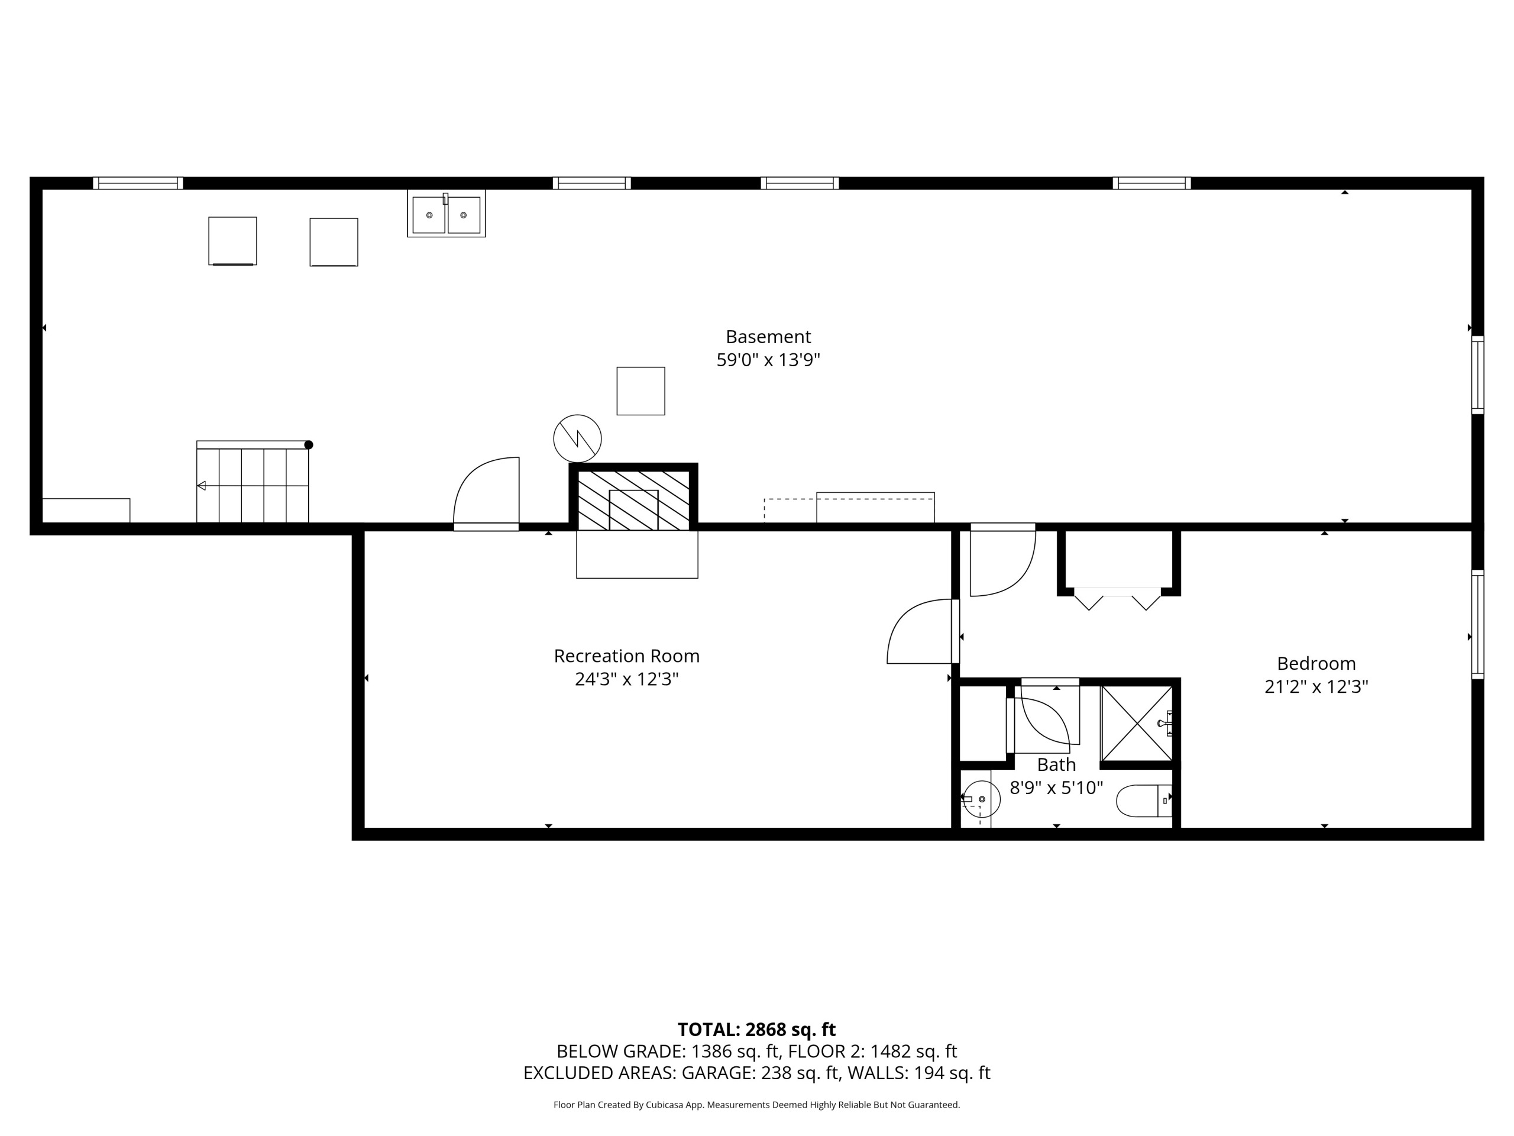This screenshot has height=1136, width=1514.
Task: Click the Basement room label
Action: [768, 337]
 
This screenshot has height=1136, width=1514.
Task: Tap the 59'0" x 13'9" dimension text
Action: [768, 360]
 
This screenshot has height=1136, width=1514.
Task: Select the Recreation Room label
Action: [626, 656]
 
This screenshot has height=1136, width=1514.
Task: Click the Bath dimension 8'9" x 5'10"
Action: [1056, 788]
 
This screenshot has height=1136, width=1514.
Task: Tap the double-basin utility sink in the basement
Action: [447, 214]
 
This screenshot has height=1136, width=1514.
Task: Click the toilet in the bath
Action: [1144, 801]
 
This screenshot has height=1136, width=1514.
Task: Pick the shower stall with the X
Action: [1136, 723]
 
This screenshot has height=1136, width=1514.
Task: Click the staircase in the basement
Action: [253, 482]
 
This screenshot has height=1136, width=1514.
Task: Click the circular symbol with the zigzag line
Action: [578, 438]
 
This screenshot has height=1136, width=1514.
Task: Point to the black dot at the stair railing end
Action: [309, 445]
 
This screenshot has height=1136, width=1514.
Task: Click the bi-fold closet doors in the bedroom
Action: [1117, 599]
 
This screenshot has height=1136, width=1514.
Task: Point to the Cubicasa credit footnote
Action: [756, 1105]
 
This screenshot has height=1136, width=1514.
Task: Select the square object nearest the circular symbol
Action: [640, 391]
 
